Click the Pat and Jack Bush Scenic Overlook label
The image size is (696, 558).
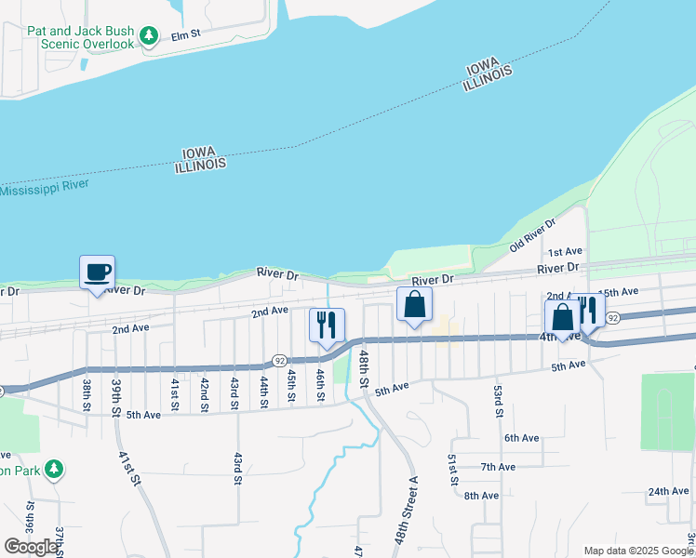click(x=81, y=37)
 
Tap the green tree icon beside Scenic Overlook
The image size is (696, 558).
click(x=149, y=36)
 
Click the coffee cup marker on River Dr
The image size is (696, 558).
click(x=97, y=272)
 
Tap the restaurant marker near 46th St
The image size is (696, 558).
click(x=326, y=325)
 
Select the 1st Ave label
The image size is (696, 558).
click(x=564, y=252)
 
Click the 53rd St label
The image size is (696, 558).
click(x=499, y=400)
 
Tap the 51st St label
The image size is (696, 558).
click(x=452, y=470)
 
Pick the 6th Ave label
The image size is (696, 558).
click(x=522, y=438)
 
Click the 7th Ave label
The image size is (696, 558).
click(x=498, y=467)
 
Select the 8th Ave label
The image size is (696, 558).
click(x=482, y=496)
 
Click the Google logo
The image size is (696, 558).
click(x=31, y=547)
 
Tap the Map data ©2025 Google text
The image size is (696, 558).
click(x=638, y=550)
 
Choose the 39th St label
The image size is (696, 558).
click(x=116, y=397)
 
